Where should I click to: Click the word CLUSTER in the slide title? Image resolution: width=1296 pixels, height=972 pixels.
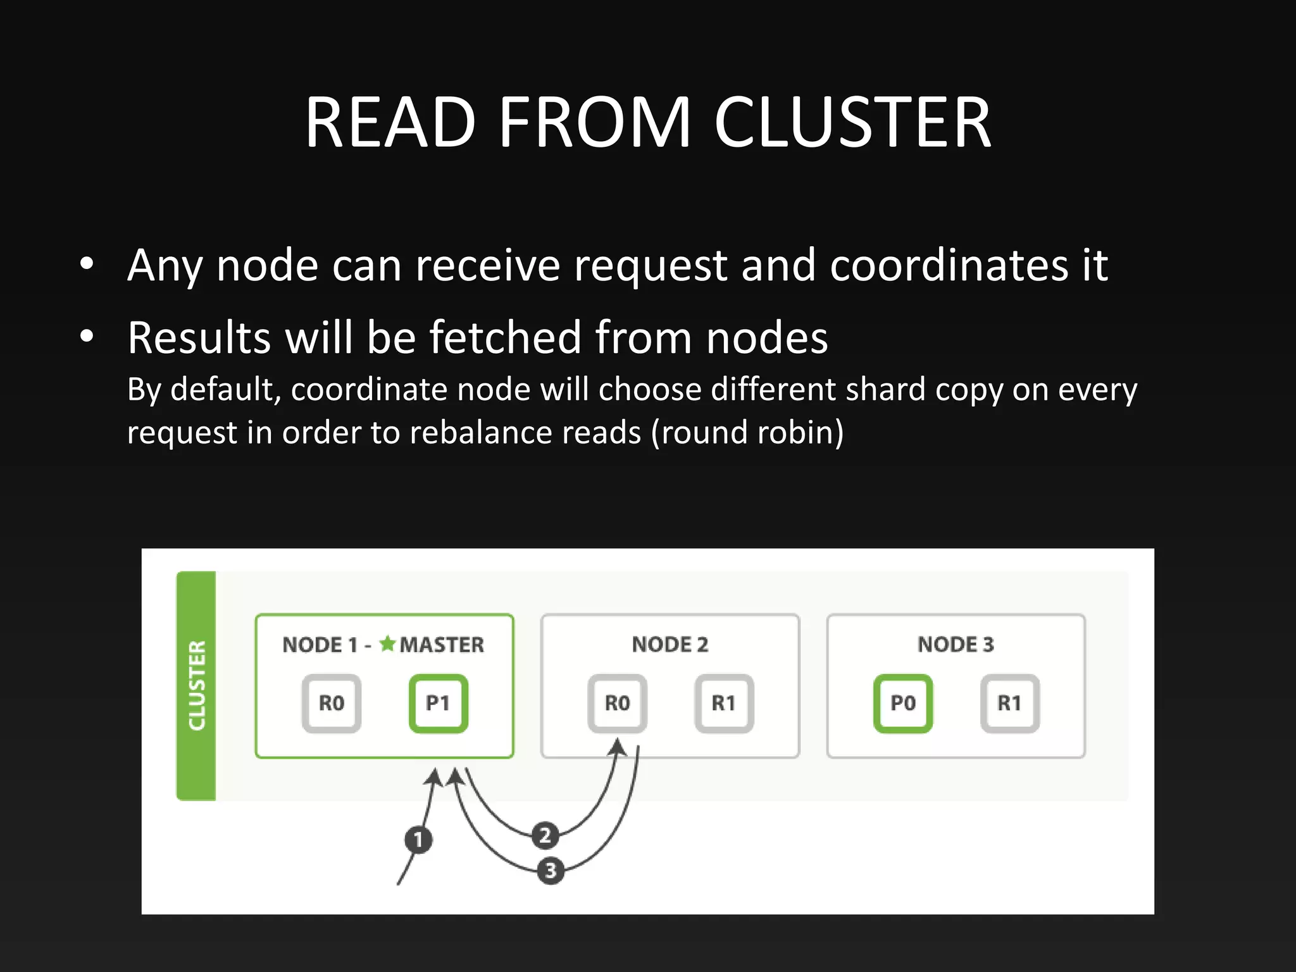[x=852, y=122]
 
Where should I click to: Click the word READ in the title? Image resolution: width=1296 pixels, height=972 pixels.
[x=390, y=122]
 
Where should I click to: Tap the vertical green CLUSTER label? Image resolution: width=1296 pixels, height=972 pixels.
[x=197, y=685]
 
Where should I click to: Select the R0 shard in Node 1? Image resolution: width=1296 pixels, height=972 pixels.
[x=331, y=703]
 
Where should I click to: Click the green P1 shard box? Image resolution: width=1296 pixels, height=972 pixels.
[x=438, y=703]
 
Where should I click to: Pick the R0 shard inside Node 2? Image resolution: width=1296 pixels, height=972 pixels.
[x=617, y=703]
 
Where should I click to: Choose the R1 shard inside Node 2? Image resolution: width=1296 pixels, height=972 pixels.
[x=724, y=703]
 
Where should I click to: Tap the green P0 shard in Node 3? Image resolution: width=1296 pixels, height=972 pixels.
[x=903, y=703]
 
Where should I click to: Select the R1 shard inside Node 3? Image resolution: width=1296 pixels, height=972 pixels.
[x=1010, y=703]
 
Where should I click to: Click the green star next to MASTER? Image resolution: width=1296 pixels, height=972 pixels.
[x=387, y=644]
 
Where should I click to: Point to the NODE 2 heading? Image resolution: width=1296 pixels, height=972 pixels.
[x=670, y=644]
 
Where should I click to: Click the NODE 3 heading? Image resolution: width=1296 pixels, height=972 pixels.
[x=956, y=644]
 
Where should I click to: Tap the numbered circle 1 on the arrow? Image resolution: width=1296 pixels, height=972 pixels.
[x=418, y=840]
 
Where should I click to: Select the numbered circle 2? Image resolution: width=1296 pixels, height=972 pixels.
[x=545, y=835]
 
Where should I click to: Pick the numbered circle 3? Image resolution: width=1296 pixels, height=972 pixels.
[x=550, y=871]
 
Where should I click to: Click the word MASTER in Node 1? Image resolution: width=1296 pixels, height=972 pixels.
[x=442, y=645]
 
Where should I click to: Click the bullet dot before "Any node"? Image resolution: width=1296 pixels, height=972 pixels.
[x=87, y=264]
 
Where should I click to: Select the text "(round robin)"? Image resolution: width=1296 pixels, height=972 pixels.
[x=747, y=433]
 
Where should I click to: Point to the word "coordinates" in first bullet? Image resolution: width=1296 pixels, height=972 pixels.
[x=949, y=265]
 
